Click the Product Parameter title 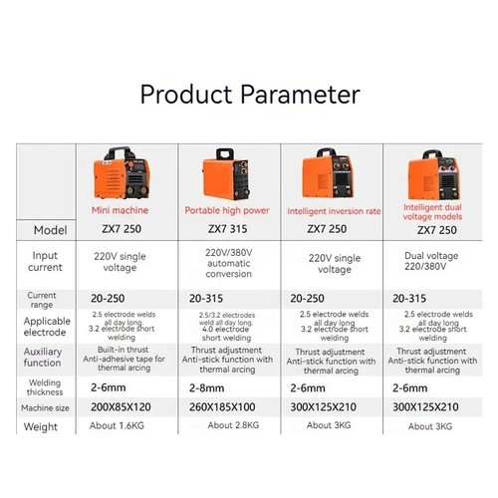click(249, 96)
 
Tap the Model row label click(49, 229)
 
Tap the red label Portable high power click(228, 211)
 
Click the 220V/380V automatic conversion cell click(228, 262)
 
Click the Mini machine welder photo click(122, 173)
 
